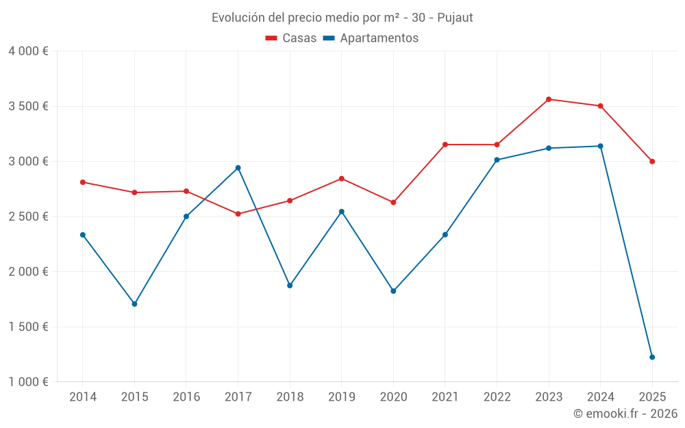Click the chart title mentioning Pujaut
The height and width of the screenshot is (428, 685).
[x=342, y=18]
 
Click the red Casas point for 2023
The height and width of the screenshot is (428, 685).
[x=549, y=99]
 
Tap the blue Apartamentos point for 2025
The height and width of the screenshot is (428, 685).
[x=652, y=357]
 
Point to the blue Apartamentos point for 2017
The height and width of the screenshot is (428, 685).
[x=238, y=168]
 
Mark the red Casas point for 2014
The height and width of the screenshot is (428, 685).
[x=83, y=182]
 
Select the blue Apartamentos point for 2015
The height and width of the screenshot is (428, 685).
[x=134, y=303]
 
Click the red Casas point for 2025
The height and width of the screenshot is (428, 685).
[x=652, y=162]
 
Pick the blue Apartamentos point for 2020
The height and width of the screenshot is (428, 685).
[x=393, y=291]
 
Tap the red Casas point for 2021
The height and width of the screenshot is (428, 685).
[x=445, y=144]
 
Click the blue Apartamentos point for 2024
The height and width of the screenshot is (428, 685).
[x=601, y=146]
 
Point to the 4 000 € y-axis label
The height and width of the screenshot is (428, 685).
[x=28, y=51]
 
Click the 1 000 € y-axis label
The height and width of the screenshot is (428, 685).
[x=28, y=382]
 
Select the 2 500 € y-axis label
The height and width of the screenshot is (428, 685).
[x=28, y=216]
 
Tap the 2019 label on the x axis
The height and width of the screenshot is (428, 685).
[x=341, y=397]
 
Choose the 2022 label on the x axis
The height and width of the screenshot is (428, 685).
[x=497, y=397]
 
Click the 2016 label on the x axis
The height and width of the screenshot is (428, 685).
[x=186, y=397]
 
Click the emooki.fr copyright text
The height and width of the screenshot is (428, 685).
[x=625, y=414]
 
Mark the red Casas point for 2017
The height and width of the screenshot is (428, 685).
[x=238, y=214]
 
